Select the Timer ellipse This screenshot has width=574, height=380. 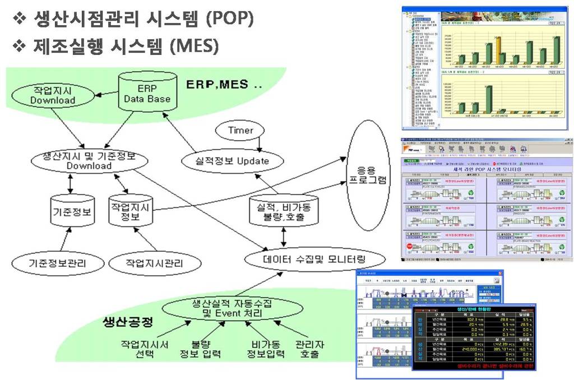(240, 131)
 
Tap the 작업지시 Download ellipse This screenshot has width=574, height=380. (53, 96)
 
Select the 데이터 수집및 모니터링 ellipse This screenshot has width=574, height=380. (316, 259)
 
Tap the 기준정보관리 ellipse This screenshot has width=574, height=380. (58, 262)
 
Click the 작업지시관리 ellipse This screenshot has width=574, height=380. (155, 262)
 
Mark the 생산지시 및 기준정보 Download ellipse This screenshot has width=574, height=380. (89, 161)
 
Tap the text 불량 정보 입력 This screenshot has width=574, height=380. (200, 349)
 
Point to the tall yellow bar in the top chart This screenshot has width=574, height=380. (498, 50)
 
